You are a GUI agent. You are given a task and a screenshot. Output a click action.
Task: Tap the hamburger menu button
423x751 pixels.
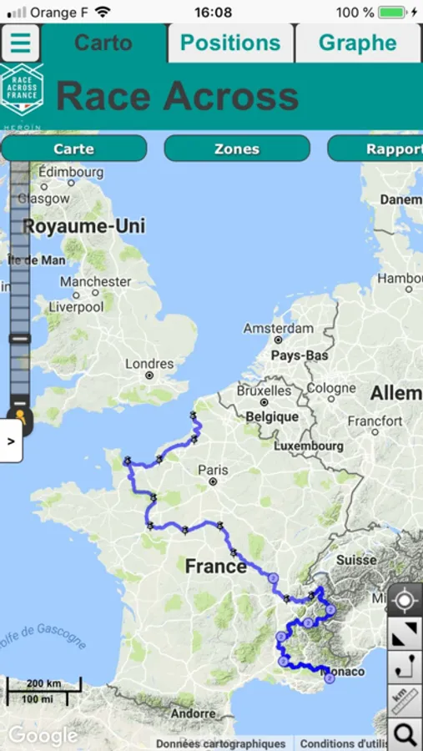coord(21,43)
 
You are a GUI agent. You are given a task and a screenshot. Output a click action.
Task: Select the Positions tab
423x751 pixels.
coord(230,43)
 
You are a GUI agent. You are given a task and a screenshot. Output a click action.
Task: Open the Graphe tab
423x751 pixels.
coord(357,43)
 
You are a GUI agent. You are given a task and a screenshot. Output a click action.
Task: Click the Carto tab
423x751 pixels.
coord(103,43)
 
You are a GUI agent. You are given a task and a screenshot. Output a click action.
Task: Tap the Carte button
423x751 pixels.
coord(73,149)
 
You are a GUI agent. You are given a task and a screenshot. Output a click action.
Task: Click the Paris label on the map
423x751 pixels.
coord(213,471)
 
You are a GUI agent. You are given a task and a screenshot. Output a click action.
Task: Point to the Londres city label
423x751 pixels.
coord(149,364)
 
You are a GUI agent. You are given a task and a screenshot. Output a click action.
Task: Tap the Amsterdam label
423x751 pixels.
coord(279,329)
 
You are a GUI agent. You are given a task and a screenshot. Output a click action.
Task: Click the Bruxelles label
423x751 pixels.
coord(264,390)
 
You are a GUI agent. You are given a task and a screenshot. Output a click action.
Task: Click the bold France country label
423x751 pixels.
coord(215,567)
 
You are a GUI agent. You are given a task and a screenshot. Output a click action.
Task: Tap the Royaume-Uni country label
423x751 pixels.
coord(83,226)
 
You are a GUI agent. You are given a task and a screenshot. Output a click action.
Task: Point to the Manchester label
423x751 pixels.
coord(95,282)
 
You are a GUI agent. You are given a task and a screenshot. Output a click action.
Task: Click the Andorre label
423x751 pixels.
coord(193,713)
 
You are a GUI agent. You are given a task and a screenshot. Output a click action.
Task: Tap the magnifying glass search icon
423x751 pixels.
coord(405,734)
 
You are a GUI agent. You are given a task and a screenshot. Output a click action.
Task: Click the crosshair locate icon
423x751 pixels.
coord(405,601)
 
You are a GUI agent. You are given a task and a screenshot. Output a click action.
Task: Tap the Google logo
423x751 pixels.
coord(43,735)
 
